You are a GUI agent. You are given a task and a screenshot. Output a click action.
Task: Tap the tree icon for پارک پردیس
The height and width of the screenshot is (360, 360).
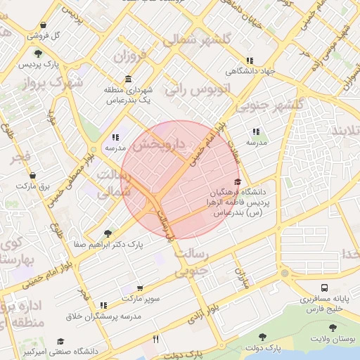(x=37, y=54)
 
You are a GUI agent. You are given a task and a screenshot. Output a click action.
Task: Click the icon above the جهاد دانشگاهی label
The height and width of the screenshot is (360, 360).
(x=249, y=60)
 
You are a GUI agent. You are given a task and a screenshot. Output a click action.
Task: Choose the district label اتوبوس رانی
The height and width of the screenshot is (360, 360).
(x=188, y=89)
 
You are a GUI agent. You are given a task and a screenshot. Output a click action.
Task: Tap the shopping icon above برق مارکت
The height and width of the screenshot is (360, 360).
(x=32, y=175)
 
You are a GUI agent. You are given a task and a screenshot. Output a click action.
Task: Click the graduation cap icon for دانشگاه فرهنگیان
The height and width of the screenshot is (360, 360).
(x=238, y=182)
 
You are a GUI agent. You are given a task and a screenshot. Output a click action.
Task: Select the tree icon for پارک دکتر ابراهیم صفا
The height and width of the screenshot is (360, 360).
(x=108, y=233)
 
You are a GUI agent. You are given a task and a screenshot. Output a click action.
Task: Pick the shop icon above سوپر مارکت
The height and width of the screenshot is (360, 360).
(x=140, y=288)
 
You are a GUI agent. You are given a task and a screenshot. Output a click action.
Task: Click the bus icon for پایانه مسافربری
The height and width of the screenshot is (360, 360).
(x=325, y=288)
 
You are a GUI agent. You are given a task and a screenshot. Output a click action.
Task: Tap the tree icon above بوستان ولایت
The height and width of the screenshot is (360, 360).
(x=331, y=329)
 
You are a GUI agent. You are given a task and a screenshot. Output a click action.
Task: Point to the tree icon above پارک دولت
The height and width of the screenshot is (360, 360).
(x=263, y=337)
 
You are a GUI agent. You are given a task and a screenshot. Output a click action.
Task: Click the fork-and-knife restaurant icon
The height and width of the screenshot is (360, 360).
(x=155, y=339)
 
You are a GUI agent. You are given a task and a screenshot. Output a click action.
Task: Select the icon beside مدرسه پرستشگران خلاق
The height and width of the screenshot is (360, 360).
(x=103, y=305)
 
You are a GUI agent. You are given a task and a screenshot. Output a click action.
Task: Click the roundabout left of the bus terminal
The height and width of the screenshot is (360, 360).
(x=284, y=274)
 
